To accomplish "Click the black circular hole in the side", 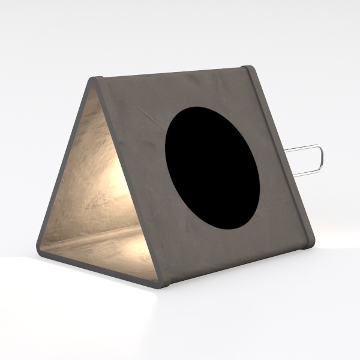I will (212, 168).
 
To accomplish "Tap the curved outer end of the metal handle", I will (321, 159).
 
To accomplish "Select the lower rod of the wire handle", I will (307, 173).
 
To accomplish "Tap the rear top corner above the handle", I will (247, 68).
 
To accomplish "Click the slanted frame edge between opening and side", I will (129, 180).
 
